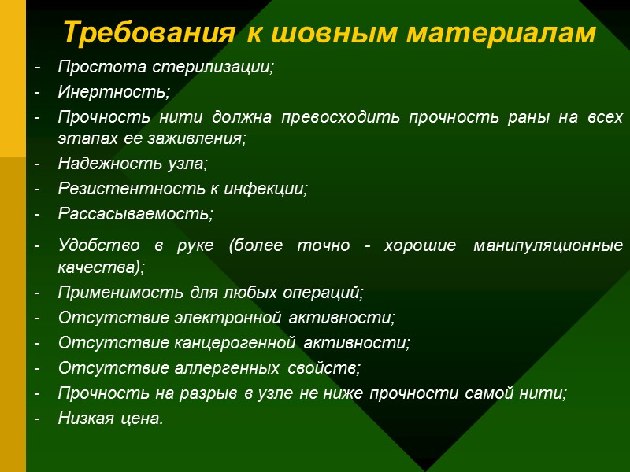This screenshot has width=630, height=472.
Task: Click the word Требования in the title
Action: click(147, 33)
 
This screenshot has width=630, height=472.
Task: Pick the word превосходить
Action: click(347, 117)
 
